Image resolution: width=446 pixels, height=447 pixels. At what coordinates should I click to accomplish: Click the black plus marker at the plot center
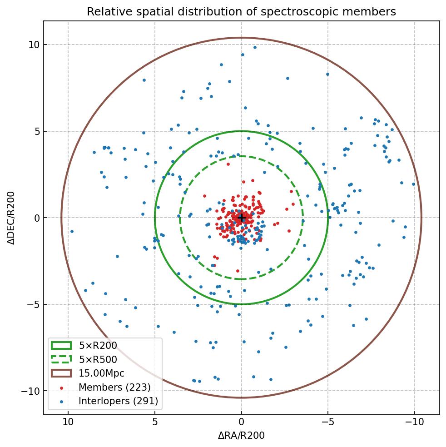(x=241, y=218)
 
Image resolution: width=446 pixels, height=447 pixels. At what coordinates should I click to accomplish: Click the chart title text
(x=241, y=12)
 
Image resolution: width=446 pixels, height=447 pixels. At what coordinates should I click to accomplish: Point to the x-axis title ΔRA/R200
(x=241, y=436)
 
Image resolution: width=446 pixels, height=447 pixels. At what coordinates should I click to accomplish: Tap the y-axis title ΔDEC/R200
(x=11, y=218)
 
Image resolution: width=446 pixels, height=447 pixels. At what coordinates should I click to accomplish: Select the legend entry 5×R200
(x=98, y=346)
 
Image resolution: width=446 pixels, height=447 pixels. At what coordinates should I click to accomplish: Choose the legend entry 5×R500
(x=98, y=360)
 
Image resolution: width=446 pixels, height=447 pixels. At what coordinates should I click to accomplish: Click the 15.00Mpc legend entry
(x=101, y=373)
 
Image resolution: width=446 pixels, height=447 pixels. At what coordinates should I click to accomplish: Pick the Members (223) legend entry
(x=114, y=387)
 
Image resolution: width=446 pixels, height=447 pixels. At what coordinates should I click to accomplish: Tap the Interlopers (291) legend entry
(x=118, y=401)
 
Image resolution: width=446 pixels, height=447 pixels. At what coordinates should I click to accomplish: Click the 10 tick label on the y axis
(x=34, y=45)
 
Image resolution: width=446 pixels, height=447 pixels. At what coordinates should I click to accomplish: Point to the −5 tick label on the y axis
(x=32, y=304)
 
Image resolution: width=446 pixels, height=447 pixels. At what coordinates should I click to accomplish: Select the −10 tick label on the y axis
(x=30, y=391)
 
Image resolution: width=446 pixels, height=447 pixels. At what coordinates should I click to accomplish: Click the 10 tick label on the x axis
(x=68, y=422)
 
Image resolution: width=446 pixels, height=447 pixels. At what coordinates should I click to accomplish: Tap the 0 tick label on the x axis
(x=241, y=422)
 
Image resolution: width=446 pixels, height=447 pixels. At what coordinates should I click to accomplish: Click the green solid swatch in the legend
(x=61, y=346)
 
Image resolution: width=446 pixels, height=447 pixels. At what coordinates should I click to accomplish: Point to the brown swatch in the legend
(x=61, y=373)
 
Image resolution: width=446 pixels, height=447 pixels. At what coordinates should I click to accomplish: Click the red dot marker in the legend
(x=61, y=387)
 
